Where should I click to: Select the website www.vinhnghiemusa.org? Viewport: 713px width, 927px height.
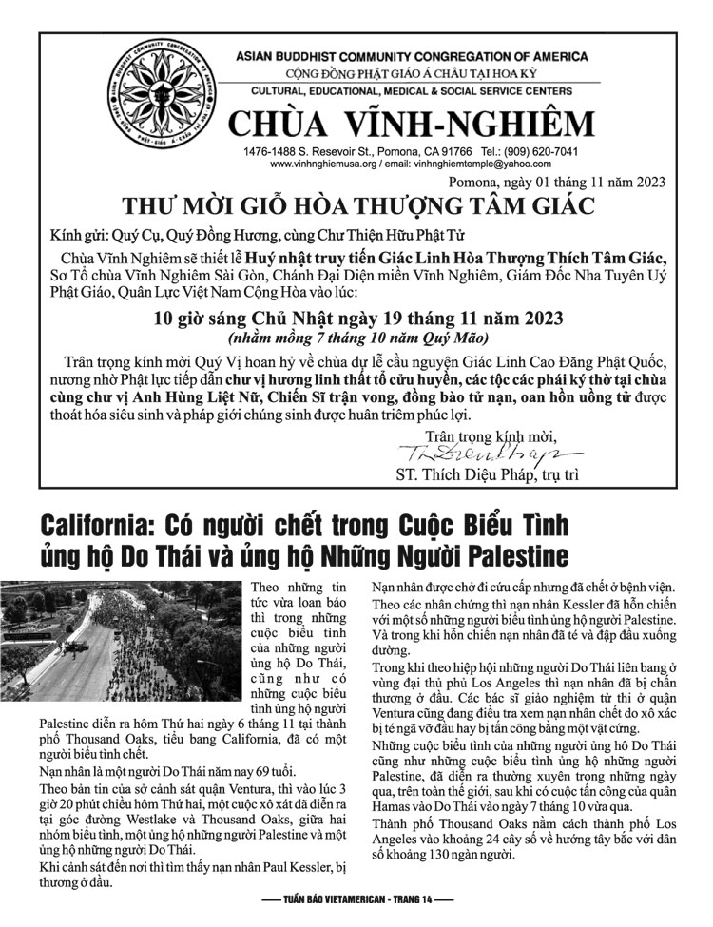(x=323, y=164)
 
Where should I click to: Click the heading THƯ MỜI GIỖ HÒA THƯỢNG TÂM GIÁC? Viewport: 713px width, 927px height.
(x=356, y=205)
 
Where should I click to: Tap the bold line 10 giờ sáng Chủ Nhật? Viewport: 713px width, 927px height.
(x=356, y=318)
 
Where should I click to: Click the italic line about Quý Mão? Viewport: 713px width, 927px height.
(x=356, y=338)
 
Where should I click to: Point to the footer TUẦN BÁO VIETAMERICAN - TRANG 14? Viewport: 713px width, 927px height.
(x=356, y=898)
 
